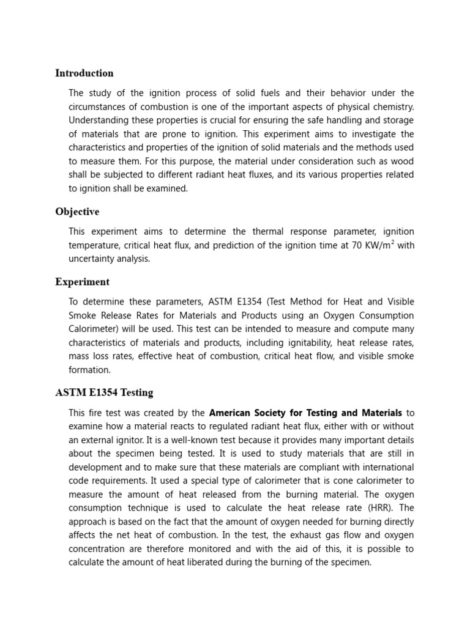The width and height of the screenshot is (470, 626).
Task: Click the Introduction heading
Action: pos(84,73)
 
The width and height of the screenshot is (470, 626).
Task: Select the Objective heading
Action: pos(77,212)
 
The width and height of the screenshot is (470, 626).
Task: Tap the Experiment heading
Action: pos(82,282)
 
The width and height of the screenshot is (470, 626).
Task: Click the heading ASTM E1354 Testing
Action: pos(104,392)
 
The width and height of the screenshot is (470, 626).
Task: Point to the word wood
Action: pos(401,161)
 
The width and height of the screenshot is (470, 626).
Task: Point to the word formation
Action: pos(89,370)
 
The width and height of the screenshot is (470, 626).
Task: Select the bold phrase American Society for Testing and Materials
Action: pos(305,413)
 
